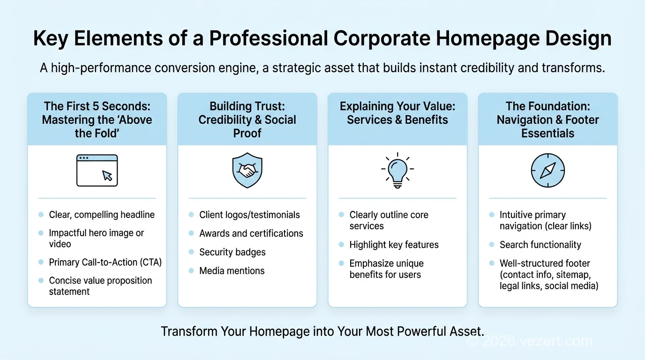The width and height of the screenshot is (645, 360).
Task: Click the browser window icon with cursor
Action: point(97,171)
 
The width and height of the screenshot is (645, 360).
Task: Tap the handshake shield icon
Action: point(247,171)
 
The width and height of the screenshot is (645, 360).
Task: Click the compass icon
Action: point(547,171)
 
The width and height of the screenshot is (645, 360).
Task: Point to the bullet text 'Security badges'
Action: point(232,252)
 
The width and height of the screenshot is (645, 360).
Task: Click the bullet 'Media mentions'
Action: point(232,271)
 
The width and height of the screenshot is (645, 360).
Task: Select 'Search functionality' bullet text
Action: point(540,245)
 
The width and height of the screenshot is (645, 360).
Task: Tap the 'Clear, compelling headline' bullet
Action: point(102,215)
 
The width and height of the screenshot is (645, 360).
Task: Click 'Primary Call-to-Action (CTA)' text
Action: point(105,262)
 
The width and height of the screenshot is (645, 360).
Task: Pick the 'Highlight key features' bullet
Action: point(394,245)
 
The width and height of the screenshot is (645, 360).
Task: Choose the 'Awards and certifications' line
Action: point(251,233)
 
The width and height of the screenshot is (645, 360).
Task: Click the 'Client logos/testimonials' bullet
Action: point(249,215)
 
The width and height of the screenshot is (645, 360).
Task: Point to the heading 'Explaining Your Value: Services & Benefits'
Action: point(397,113)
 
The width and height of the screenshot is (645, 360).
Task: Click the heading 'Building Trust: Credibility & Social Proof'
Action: point(247,120)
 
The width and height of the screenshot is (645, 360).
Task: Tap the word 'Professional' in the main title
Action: point(268,39)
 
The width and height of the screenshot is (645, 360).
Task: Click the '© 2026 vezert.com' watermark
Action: point(530,341)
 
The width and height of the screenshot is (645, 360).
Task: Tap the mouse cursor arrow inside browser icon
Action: point(107,175)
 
